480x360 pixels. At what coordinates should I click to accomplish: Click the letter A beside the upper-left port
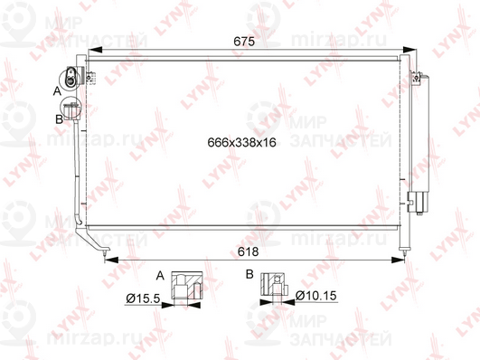(56, 91)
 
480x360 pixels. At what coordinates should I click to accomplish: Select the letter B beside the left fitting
(59, 118)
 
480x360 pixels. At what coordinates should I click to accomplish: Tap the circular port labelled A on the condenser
(71, 79)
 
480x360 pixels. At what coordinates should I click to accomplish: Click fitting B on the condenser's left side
(73, 115)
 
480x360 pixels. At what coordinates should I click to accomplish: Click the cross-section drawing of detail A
(189, 287)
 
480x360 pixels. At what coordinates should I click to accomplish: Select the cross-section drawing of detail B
(273, 286)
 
